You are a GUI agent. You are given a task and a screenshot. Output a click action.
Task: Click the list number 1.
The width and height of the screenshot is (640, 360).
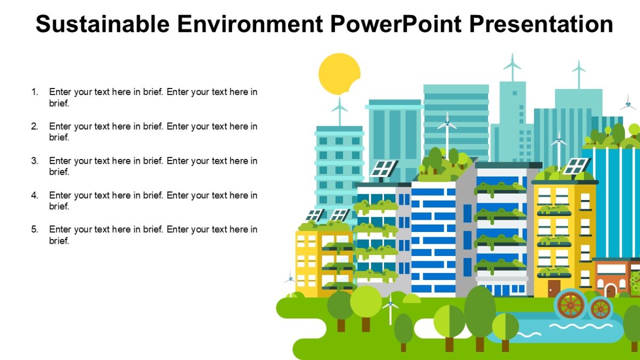35,92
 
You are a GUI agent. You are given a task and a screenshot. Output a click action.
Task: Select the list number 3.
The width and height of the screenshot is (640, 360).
35,161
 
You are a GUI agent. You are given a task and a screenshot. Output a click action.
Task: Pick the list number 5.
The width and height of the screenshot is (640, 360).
35,229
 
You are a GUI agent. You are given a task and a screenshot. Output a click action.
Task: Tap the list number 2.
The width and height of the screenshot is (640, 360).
35,126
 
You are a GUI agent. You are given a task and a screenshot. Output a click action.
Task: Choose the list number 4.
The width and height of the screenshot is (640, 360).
35,195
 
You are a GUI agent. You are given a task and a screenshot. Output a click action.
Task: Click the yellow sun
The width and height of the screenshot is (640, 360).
339,74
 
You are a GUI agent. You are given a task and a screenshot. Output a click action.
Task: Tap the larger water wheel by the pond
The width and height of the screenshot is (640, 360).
570,305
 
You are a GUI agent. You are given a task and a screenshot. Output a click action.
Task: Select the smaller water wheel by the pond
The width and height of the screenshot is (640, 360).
600,308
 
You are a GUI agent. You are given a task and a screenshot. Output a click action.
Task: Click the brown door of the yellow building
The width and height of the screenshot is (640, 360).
554,289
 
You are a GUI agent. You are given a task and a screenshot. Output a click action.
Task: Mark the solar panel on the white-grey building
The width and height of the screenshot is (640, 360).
383,168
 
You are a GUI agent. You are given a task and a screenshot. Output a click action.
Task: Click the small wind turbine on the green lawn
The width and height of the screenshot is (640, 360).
390,308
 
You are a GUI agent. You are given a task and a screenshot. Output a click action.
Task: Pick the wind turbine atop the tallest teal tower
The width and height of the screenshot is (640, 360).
512,66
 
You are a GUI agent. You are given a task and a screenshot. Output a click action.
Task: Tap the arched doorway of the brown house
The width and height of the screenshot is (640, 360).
610,291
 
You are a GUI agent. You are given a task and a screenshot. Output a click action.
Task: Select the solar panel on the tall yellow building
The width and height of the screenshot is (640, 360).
576,166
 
